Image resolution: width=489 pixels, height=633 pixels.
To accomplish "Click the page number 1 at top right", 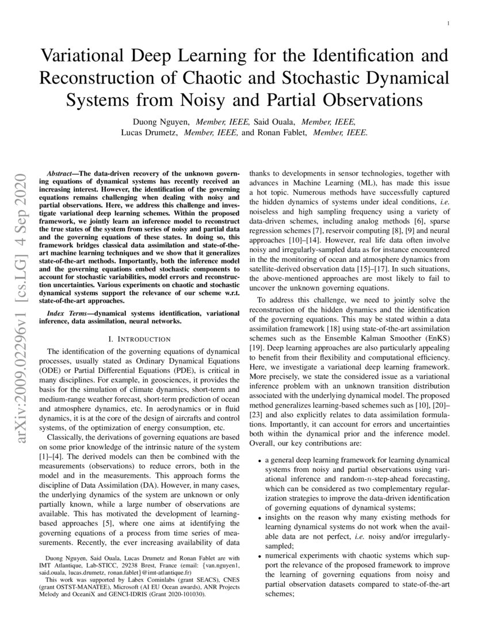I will [448, 24].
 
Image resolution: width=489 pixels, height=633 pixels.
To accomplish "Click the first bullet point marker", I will [259, 461].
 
